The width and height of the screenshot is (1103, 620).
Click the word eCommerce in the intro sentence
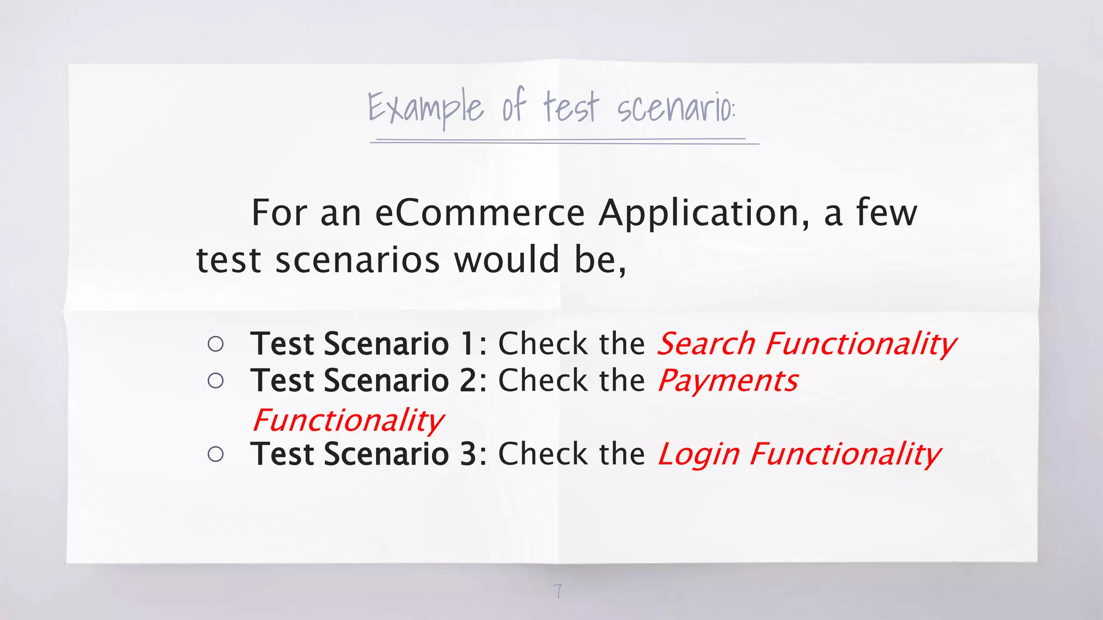click(x=479, y=213)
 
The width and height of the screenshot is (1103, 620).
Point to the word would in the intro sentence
click(x=507, y=260)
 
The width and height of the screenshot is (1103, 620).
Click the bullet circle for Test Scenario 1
click(x=215, y=344)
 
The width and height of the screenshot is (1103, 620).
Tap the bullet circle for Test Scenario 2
click(x=215, y=381)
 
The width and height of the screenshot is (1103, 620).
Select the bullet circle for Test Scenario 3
click(x=215, y=455)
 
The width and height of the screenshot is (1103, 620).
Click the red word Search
click(x=706, y=344)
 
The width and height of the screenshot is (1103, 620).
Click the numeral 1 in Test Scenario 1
click(x=467, y=344)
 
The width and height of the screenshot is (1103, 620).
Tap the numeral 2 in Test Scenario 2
click(x=467, y=381)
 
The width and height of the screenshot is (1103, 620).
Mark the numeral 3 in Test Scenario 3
click(x=467, y=454)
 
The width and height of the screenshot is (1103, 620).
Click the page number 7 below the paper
click(x=558, y=591)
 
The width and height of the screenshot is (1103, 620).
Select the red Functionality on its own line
click(x=348, y=421)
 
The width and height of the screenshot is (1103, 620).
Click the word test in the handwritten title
click(x=570, y=108)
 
